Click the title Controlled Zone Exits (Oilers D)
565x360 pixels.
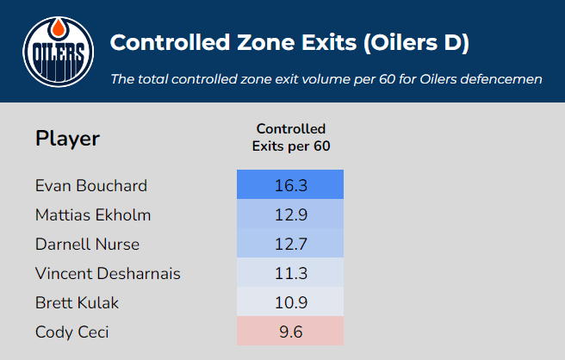pyautogui.click(x=290, y=42)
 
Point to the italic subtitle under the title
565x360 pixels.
pyautogui.click(x=326, y=78)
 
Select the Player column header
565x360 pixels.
pyautogui.click(x=67, y=138)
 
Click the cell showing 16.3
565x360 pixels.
pyautogui.click(x=290, y=185)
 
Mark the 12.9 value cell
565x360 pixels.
pyautogui.click(x=290, y=214)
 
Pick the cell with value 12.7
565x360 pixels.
pyautogui.click(x=290, y=244)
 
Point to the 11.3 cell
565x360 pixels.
pyautogui.click(x=290, y=273)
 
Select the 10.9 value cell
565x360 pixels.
pyautogui.click(x=290, y=302)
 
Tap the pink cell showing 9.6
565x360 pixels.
pyautogui.click(x=290, y=332)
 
